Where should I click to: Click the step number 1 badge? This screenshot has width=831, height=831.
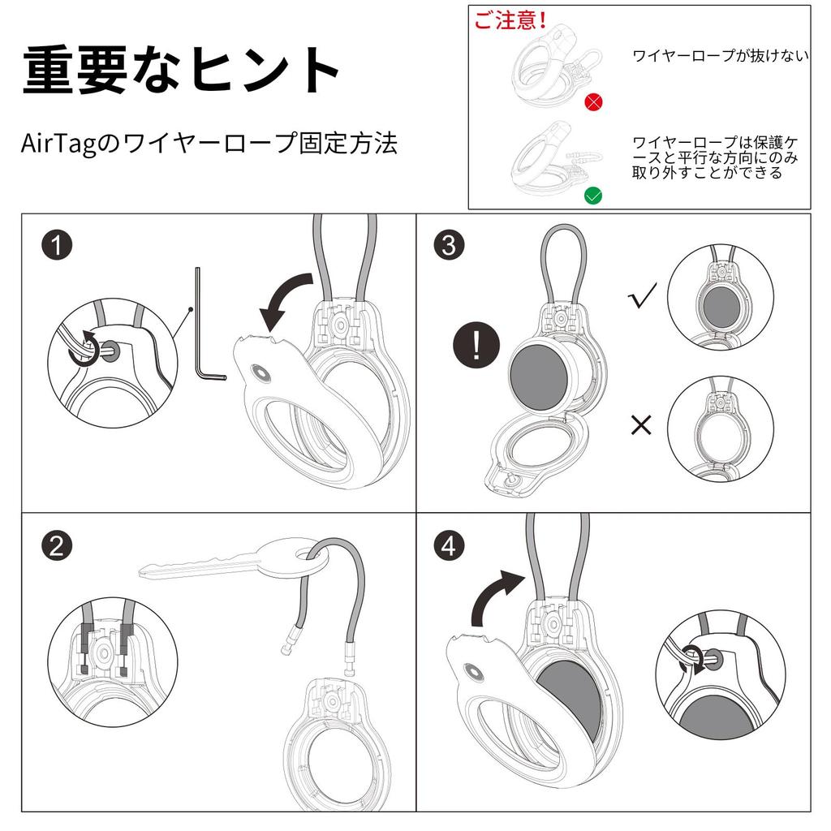tap(57, 244)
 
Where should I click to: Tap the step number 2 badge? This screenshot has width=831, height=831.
tap(57, 546)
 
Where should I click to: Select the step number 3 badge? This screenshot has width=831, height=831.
tap(449, 244)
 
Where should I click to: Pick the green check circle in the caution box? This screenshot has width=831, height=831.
tap(594, 195)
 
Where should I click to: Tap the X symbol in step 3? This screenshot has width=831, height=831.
tap(641, 424)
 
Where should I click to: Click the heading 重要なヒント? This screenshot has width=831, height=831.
tap(180, 71)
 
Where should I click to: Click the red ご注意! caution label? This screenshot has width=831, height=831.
tap(510, 20)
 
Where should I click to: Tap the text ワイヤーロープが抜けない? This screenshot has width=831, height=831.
tap(720, 56)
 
